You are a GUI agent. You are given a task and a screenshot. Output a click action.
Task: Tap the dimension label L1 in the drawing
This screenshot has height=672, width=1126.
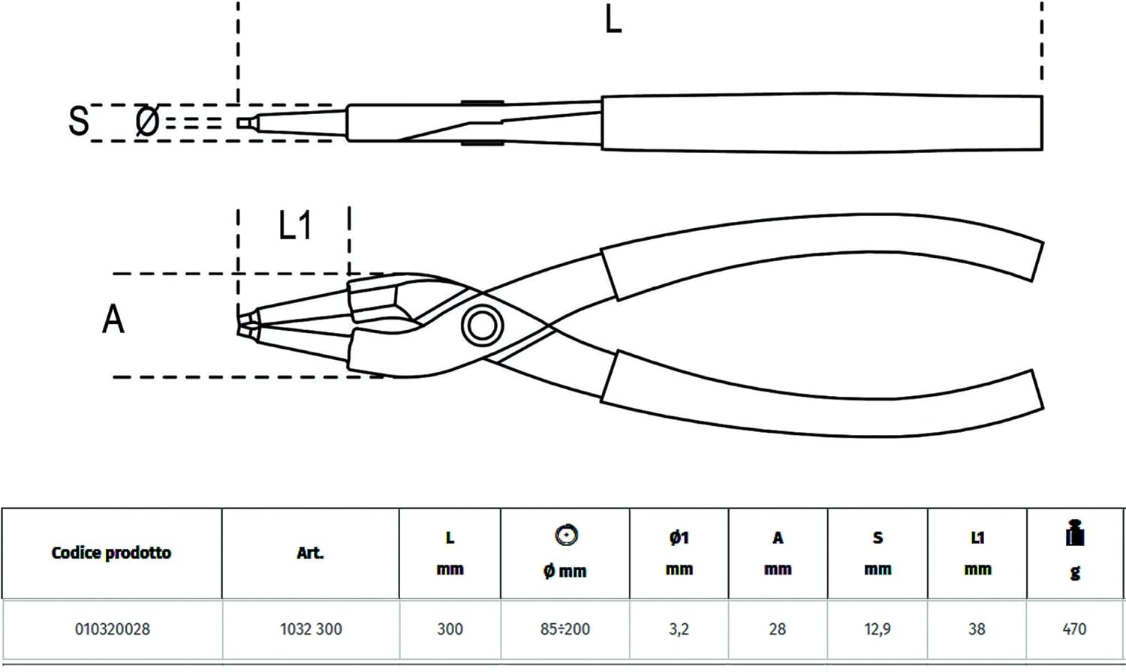point(296,225)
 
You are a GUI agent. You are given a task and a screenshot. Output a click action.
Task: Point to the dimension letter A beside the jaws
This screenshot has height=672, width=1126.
point(113,319)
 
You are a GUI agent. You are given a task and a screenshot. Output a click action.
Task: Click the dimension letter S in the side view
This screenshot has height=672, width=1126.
point(79,121)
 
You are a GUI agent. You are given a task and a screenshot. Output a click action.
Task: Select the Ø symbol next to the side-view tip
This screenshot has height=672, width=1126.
point(147,121)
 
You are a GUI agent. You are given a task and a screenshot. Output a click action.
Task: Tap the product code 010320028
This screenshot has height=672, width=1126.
point(113,629)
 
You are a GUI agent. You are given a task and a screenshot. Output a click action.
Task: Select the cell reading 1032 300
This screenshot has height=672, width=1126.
point(311,629)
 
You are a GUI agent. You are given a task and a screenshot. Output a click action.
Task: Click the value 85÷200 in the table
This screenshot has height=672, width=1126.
point(565,629)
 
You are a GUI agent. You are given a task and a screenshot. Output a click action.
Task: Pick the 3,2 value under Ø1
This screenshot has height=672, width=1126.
point(679,629)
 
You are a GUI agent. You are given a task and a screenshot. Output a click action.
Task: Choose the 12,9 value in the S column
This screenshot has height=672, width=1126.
point(878,629)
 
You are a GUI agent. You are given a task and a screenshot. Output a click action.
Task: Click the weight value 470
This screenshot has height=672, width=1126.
point(1075,629)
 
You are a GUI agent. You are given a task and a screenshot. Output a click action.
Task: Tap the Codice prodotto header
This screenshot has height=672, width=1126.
point(111,553)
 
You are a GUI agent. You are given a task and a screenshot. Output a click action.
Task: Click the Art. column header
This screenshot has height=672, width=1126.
point(310,553)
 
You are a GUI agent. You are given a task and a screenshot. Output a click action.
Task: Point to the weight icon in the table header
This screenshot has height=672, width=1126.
point(1075,532)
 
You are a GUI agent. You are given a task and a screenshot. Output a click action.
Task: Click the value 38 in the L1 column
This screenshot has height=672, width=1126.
point(977,629)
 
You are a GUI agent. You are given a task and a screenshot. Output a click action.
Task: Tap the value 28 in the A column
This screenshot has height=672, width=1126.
point(777,629)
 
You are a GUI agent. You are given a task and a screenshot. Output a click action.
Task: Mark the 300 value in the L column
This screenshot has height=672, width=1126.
point(450,629)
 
